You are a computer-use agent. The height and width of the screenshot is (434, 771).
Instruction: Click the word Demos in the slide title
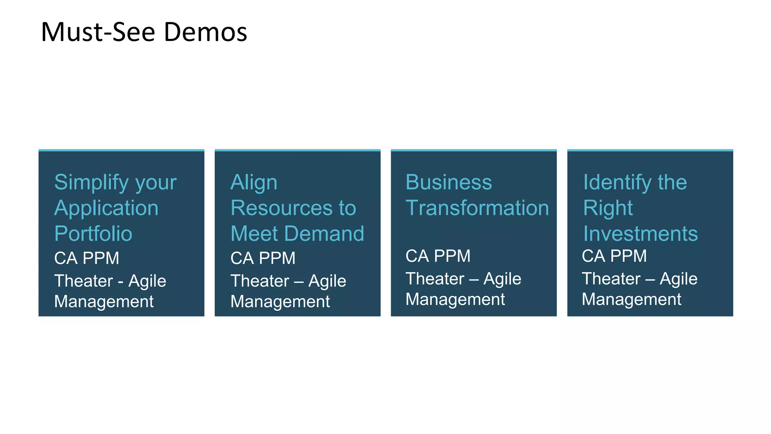pos(205,32)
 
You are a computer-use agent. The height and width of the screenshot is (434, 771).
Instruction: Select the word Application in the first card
pos(107,208)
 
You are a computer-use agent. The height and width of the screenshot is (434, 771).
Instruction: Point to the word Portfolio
pos(93,234)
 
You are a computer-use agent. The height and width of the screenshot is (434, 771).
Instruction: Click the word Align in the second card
pos(254,183)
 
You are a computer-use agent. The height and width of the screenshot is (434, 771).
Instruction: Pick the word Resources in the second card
pos(282,208)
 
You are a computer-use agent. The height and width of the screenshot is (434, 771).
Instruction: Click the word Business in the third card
pos(449,182)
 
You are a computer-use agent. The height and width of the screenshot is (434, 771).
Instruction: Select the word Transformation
pos(477,208)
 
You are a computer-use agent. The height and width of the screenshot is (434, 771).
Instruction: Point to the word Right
pos(608,208)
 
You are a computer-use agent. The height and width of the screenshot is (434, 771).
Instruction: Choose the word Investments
pos(640,234)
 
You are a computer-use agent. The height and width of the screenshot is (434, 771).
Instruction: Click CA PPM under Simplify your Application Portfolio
pos(87,258)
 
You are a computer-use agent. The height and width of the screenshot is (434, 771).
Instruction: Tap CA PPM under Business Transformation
pos(438,256)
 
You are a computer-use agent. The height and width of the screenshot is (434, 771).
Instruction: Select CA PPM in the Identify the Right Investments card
pos(614,256)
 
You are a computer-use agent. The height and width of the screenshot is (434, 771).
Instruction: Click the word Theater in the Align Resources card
pos(260,281)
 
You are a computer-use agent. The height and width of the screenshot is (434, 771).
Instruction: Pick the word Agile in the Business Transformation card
pos(502,279)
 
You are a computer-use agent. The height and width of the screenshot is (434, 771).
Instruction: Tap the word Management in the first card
pos(104,301)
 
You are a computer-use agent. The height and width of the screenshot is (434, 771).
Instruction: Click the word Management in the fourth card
pos(631,300)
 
